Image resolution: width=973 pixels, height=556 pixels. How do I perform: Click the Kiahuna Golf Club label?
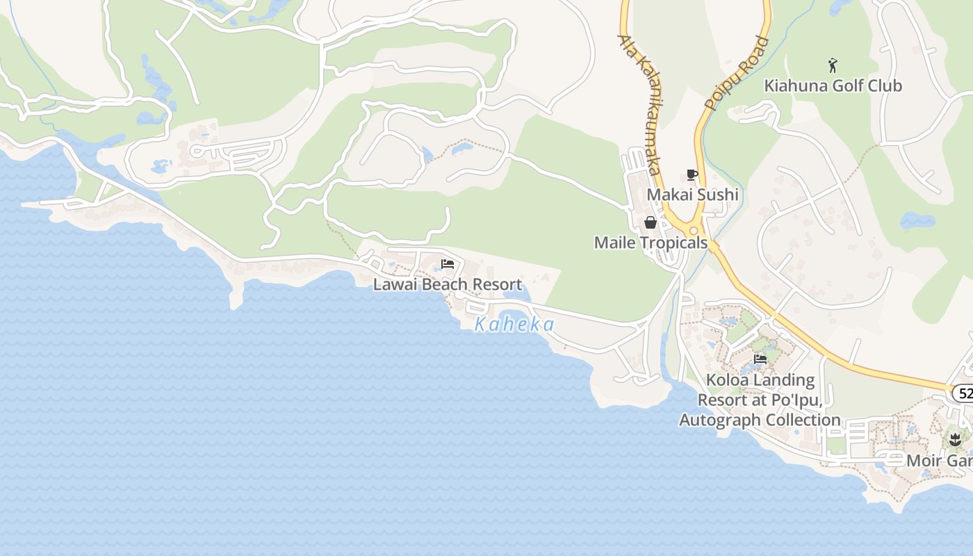tap(833, 85)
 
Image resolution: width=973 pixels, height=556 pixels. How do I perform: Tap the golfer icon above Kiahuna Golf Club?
tap(833, 66)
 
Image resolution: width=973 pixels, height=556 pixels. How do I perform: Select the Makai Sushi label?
tap(692, 195)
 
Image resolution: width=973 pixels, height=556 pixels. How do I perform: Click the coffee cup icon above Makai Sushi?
tap(692, 174)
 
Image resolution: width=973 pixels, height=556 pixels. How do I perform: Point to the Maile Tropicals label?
tap(651, 243)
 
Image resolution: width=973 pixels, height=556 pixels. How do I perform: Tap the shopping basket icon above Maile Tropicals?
tap(651, 222)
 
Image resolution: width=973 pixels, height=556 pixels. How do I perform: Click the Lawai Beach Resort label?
tap(447, 284)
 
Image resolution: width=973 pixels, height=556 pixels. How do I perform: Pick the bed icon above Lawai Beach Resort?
tap(448, 264)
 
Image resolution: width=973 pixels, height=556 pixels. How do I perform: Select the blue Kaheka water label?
tap(514, 325)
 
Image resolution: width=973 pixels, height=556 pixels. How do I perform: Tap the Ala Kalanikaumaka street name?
tap(640, 104)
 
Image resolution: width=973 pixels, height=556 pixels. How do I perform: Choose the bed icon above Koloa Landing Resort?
tap(760, 359)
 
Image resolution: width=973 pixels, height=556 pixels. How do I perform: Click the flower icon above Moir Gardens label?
tap(955, 439)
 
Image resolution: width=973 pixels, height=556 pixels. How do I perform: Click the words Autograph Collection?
tap(760, 420)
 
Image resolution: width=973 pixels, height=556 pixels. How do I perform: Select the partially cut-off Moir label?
tap(938, 460)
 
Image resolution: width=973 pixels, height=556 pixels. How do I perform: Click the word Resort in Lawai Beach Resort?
tap(496, 284)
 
